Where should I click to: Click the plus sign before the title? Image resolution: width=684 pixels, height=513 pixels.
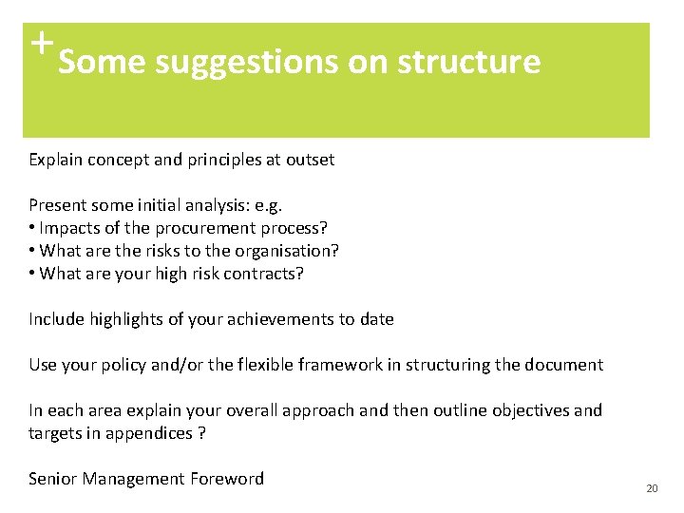click(x=40, y=43)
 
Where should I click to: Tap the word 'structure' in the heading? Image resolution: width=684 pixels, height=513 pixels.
click(x=468, y=63)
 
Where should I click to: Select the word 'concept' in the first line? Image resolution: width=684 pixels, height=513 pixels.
click(x=118, y=160)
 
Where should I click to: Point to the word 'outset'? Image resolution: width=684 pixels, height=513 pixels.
click(x=310, y=160)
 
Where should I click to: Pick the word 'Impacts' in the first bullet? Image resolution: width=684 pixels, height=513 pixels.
click(x=68, y=228)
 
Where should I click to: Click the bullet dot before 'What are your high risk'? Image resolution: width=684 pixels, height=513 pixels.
click(x=32, y=274)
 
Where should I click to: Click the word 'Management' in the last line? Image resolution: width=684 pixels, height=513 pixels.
click(x=130, y=479)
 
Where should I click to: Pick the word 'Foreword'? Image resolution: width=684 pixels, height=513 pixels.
click(x=226, y=479)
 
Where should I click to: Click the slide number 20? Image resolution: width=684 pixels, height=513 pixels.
click(x=651, y=488)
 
